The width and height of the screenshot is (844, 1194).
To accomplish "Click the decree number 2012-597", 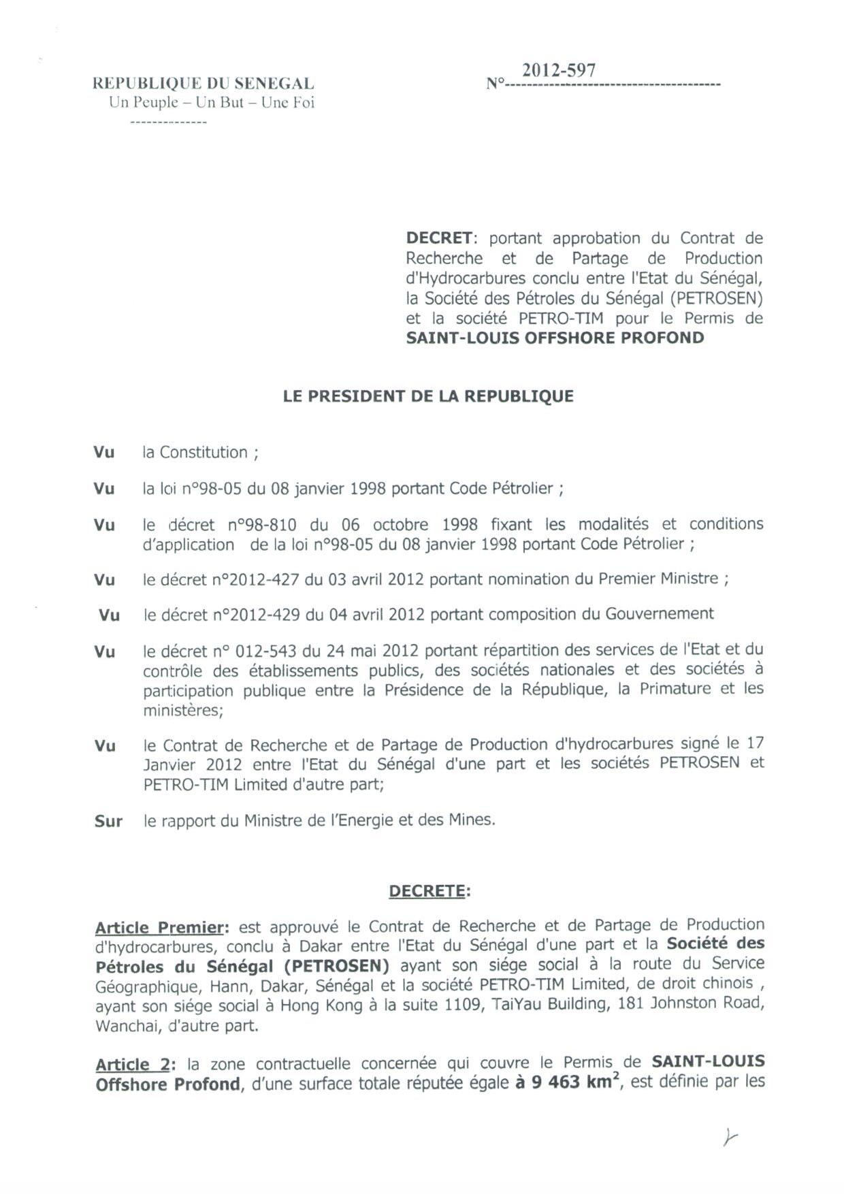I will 558,71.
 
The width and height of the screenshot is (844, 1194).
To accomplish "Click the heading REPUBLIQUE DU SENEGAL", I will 203,84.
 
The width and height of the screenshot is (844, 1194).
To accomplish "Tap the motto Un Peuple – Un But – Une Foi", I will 212,103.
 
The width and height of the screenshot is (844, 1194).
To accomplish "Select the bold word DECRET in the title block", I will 439,238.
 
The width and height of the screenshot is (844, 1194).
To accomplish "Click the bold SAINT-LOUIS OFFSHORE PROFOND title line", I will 555,338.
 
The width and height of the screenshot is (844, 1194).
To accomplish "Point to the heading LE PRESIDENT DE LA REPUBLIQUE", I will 428,396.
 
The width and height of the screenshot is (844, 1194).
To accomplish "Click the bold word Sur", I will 108,821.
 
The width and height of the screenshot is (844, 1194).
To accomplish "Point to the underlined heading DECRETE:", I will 429,891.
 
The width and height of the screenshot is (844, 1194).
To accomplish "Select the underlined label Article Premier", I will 159,927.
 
